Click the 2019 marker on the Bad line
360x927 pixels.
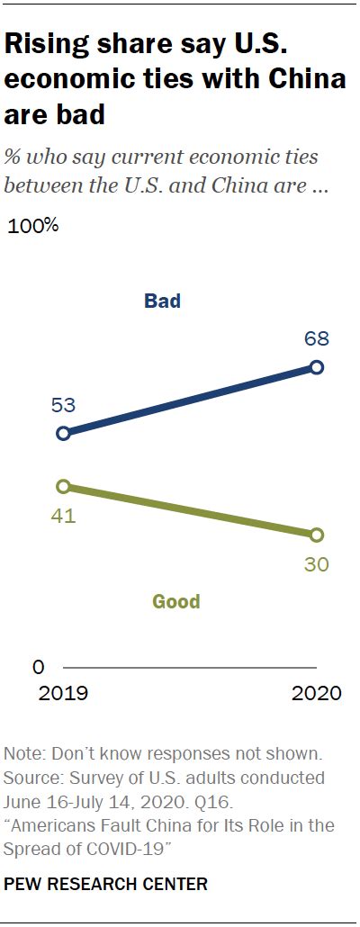pos(63,433)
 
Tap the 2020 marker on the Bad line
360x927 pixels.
pos(317,366)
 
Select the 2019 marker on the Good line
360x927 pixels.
pos(63,486)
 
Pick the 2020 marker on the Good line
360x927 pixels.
pos(317,535)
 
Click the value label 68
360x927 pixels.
pos(316,339)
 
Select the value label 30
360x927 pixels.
pos(316,564)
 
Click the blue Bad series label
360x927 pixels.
pos(162,301)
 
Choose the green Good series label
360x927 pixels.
pos(175,601)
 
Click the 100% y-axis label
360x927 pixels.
pos(33,226)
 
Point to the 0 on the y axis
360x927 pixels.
pos(38,667)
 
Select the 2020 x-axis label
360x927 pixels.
pos(317,694)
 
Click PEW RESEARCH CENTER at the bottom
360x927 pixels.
pos(106,885)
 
